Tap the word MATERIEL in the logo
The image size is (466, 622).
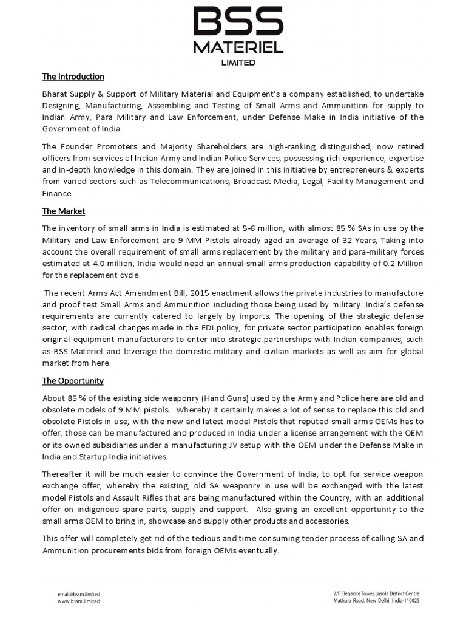click(238, 47)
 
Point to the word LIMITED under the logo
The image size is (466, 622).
click(238, 62)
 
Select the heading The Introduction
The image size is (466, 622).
click(73, 77)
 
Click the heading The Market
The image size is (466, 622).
click(63, 211)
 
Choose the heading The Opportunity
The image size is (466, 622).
click(73, 381)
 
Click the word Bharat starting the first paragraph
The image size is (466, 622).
click(56, 94)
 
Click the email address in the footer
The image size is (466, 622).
click(79, 594)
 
